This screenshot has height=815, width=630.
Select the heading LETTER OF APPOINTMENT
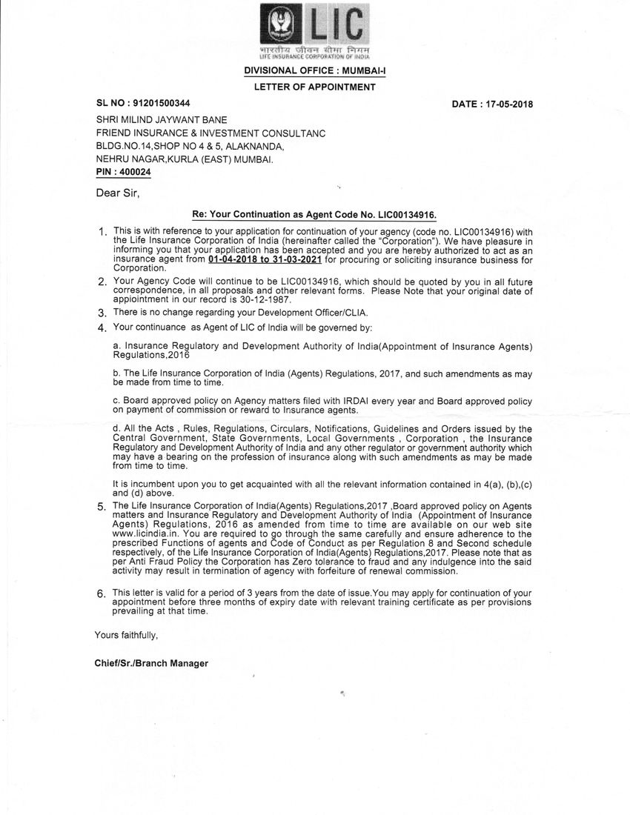315,87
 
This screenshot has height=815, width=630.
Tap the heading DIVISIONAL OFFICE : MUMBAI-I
315,71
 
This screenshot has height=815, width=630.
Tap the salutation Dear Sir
117,194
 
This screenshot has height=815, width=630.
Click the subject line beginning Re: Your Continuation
314,214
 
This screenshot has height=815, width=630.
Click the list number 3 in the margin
102,315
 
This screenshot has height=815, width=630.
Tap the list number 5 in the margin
102,507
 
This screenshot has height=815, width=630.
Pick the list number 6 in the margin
102,594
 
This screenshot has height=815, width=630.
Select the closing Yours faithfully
126,636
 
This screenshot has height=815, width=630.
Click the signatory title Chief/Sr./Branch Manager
151,663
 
